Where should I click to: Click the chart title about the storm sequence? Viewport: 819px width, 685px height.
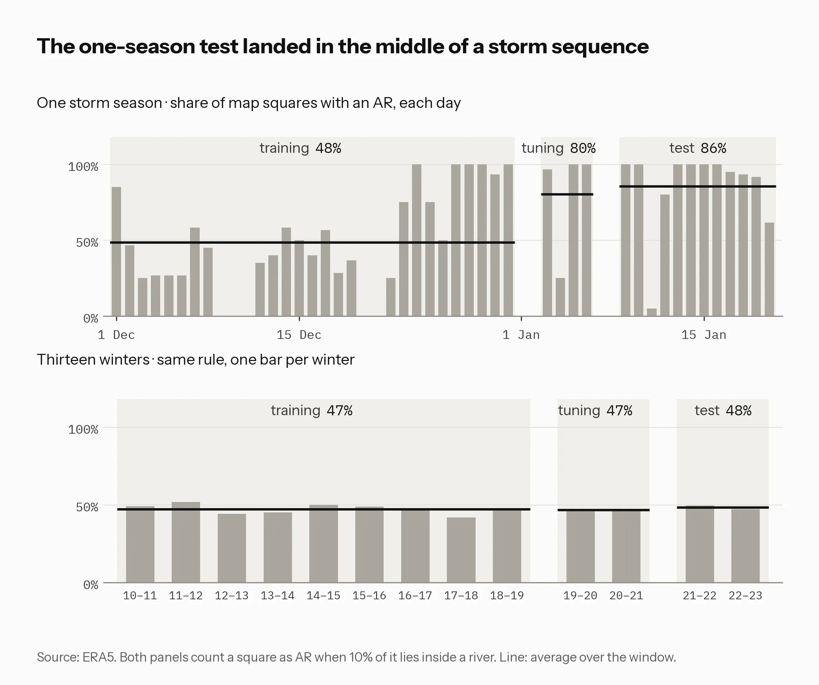pyautogui.click(x=343, y=46)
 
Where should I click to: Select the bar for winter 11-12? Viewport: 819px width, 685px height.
pyautogui.click(x=186, y=542)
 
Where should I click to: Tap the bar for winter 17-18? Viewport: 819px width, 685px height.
pyautogui.click(x=461, y=550)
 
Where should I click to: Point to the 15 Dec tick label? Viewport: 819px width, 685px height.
pyautogui.click(x=299, y=335)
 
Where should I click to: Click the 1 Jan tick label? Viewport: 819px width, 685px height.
pyautogui.click(x=521, y=335)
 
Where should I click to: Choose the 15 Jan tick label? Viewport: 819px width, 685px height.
pyautogui.click(x=704, y=335)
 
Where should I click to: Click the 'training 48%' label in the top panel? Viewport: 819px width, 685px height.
pyautogui.click(x=300, y=148)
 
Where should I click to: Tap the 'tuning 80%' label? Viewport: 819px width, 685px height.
pyautogui.click(x=559, y=148)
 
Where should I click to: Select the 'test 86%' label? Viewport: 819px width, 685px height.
pyautogui.click(x=698, y=148)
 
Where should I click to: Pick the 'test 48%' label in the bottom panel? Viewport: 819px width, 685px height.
pyautogui.click(x=723, y=411)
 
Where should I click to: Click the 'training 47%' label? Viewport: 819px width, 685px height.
pyautogui.click(x=311, y=411)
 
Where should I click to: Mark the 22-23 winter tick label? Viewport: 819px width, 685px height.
pyautogui.click(x=745, y=595)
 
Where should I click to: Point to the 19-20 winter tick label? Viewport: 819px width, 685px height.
pyautogui.click(x=580, y=595)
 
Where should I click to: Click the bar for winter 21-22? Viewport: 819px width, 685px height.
pyautogui.click(x=700, y=544)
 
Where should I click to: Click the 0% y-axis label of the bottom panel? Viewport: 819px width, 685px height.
pyautogui.click(x=91, y=585)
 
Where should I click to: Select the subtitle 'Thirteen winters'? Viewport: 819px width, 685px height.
pyautogui.click(x=93, y=360)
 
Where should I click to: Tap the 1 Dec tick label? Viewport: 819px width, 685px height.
pyautogui.click(x=116, y=335)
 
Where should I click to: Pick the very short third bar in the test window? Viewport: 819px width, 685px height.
pyautogui.click(x=652, y=312)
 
